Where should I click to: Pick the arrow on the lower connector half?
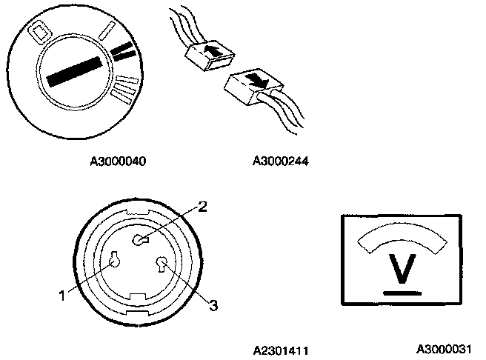click(255, 79)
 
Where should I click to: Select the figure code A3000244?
click(281, 159)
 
